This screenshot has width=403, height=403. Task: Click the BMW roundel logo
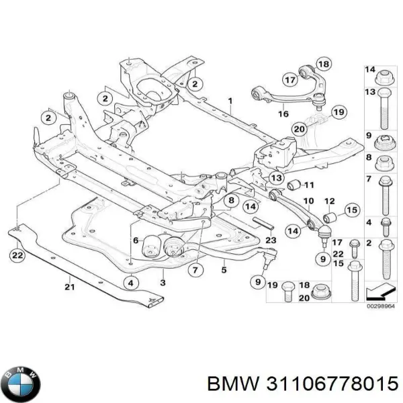[x=20, y=383]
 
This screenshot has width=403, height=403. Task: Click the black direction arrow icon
[x=379, y=292]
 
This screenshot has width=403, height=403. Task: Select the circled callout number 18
[x=324, y=64]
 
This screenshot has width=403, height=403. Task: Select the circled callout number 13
[x=277, y=177]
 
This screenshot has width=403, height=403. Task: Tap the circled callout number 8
[x=230, y=201]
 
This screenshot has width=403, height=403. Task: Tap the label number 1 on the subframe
[x=229, y=102]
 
